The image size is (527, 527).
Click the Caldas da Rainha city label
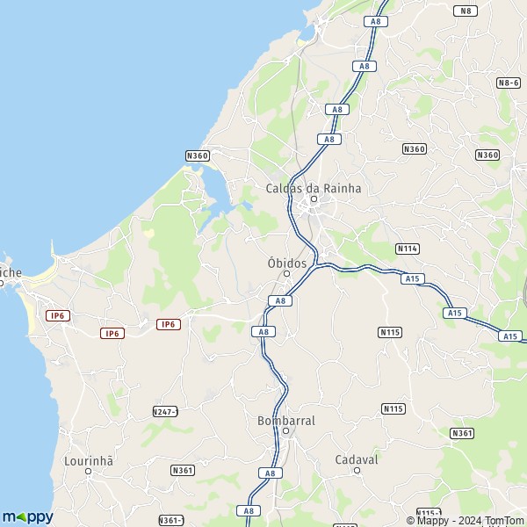314,188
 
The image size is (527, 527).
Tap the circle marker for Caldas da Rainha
313,199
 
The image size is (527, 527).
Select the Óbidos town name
286,263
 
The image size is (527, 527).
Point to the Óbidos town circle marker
286,274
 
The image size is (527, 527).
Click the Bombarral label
286,421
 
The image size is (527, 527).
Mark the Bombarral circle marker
285,431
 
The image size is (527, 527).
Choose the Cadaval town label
357,459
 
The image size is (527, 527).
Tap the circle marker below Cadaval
357,470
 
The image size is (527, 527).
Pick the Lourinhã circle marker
88,472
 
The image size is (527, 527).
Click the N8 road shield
466,11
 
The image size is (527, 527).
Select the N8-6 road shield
509,83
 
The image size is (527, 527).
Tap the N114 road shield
407,249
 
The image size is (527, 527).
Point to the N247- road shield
165,411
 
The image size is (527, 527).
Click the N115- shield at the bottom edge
428,514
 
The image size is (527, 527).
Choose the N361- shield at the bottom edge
171,520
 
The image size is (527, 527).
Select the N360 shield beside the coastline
198,155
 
